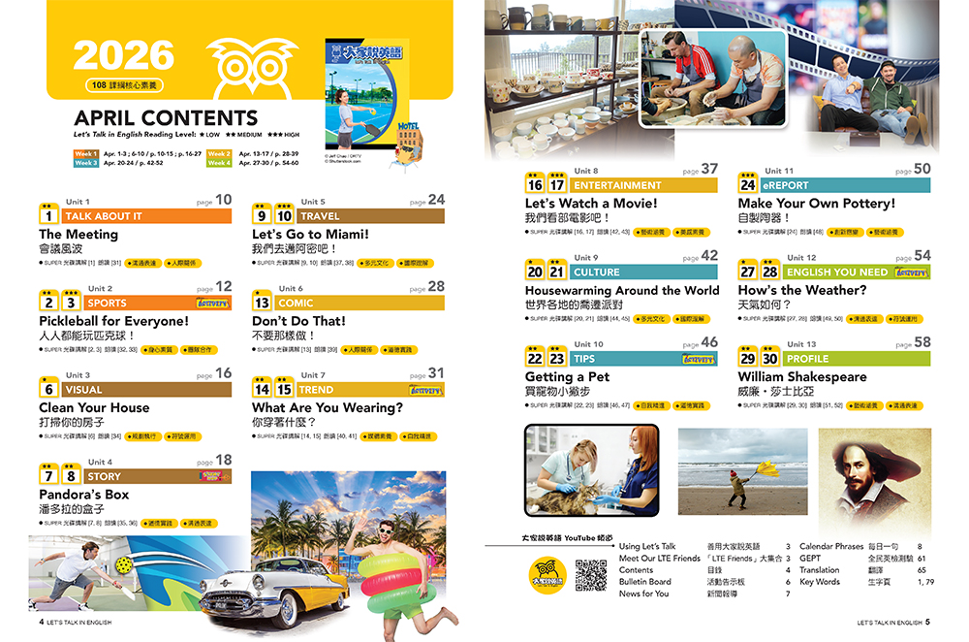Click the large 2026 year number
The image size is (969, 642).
123,55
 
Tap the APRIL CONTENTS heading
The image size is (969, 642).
166,118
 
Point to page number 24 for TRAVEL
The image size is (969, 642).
436,200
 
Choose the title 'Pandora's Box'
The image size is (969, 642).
83,495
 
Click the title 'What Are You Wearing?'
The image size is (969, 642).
327,407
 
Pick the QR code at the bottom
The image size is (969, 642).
590,575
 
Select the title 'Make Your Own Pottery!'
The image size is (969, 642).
816,204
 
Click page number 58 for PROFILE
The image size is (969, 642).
922,342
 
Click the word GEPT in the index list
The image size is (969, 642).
810,559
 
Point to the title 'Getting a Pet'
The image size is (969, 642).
566,376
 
